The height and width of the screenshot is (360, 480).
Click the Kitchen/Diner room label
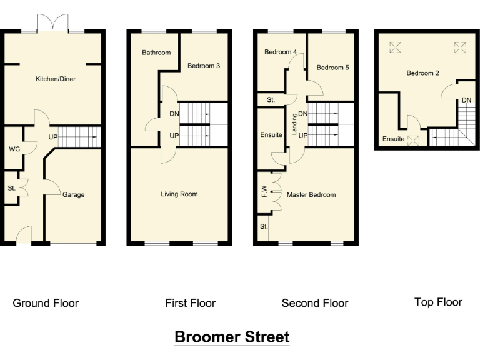point(56,79)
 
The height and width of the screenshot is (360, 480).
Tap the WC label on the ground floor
point(14,149)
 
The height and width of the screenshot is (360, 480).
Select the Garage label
point(74,195)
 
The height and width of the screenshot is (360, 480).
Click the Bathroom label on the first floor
point(156,52)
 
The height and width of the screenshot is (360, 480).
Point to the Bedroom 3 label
point(204,66)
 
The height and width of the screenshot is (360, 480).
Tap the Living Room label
point(179,194)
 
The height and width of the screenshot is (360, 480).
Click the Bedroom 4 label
point(281,52)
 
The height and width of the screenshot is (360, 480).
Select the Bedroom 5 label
point(332,67)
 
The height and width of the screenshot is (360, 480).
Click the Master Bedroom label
point(311,195)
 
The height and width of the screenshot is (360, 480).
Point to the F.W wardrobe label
point(264,192)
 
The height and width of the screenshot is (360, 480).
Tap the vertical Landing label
point(294,124)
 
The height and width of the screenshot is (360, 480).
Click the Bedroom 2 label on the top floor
point(422,73)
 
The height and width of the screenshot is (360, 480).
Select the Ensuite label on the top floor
point(393,139)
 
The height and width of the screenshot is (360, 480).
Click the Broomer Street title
point(232,337)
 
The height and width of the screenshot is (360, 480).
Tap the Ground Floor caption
point(46,303)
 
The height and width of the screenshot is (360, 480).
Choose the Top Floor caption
point(438,302)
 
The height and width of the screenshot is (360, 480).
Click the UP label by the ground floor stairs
point(53,137)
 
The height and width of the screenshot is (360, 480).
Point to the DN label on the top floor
point(466,100)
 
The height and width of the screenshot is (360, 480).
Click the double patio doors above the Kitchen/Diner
point(53,22)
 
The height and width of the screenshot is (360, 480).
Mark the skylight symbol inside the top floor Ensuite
point(413,141)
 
